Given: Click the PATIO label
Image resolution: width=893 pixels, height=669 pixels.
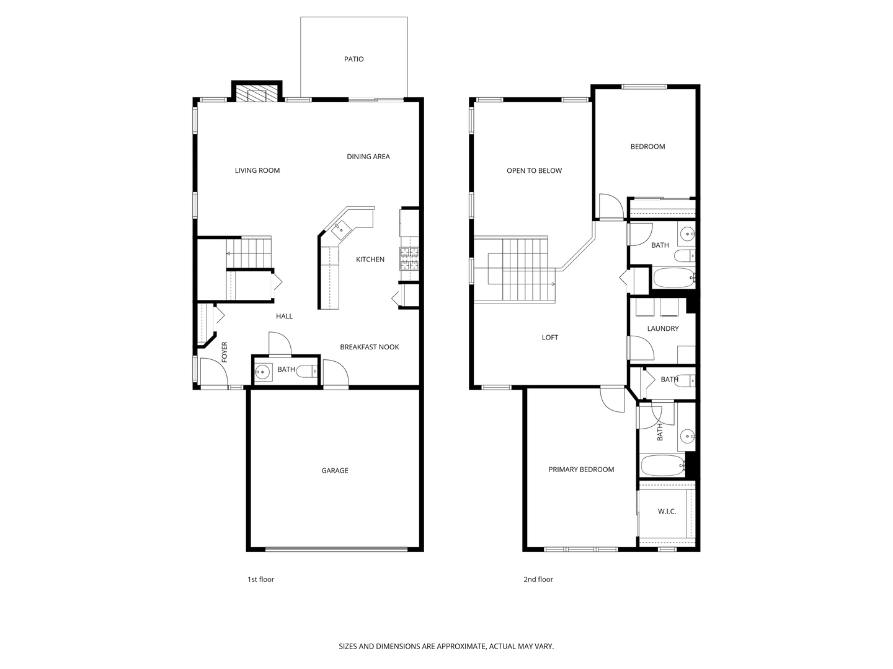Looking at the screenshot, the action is click(353, 59).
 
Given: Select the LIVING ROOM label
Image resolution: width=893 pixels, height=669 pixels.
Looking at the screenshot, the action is click(257, 170).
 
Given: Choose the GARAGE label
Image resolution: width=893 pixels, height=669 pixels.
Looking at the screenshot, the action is click(335, 471).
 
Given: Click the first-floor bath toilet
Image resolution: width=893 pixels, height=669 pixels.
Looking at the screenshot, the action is click(307, 371).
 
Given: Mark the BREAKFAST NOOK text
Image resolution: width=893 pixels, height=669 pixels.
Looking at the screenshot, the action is click(370, 348).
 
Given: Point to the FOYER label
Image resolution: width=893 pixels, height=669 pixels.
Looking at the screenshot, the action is click(224, 352).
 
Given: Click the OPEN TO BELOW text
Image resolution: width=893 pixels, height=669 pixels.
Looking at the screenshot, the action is click(534, 171).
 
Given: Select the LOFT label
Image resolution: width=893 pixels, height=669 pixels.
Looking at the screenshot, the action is click(549, 338).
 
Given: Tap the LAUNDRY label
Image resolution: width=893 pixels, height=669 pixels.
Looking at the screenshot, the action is click(663, 328).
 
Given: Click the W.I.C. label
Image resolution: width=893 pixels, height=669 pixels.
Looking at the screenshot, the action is click(667, 512).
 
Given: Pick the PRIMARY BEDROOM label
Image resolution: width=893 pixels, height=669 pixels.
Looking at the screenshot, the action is click(581, 470).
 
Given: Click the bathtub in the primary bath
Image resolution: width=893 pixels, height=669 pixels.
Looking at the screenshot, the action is click(663, 465).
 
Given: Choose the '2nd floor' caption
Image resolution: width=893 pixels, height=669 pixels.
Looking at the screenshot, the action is click(538, 580).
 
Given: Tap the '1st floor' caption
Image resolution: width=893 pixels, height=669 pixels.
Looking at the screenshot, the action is click(261, 580).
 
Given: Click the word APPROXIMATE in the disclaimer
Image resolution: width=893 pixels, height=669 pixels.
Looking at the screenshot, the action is click(461, 646).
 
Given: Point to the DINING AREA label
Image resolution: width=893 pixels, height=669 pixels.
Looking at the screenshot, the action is click(368, 157).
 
